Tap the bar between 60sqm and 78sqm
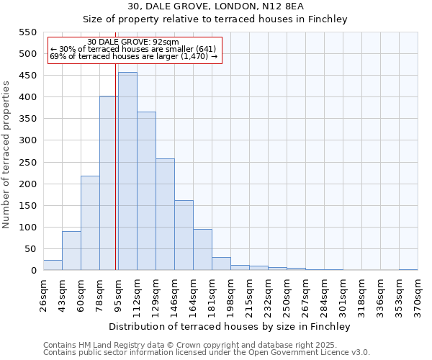(x=90, y=223)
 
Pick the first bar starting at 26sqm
(x=53, y=265)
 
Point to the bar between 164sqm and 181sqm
(x=202, y=250)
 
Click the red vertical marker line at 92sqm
(x=115, y=180)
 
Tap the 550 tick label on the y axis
(x=27, y=32)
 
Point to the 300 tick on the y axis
(x=27, y=140)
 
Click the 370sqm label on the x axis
(x=418, y=294)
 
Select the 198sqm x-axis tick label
(x=230, y=294)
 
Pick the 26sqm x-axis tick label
(x=43, y=294)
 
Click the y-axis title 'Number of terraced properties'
(x=6, y=154)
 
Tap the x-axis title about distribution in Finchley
(x=230, y=326)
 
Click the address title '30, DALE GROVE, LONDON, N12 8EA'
(x=215, y=6)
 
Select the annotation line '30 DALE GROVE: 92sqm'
(x=132, y=42)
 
